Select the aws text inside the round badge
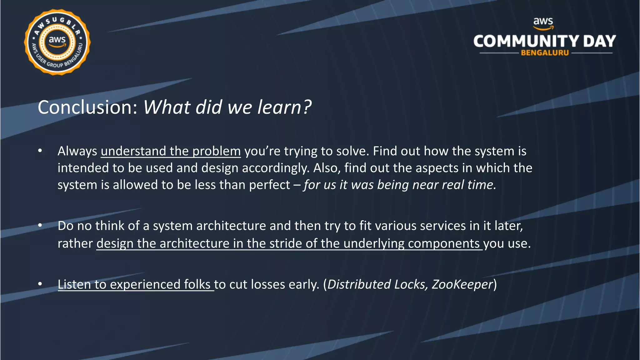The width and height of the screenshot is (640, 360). (57, 40)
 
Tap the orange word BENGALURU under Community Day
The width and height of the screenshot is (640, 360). (545, 53)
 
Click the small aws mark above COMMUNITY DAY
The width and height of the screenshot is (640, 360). (543, 22)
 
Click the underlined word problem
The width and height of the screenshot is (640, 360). (217, 152)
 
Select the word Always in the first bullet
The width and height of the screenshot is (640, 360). (77, 152)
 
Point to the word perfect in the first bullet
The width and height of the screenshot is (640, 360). (270, 185)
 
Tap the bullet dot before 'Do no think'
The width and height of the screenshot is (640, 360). (40, 225)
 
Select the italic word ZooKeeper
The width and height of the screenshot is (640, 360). (462, 284)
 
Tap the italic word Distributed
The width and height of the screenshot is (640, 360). (359, 284)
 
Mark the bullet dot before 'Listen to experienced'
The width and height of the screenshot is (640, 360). (40, 284)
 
